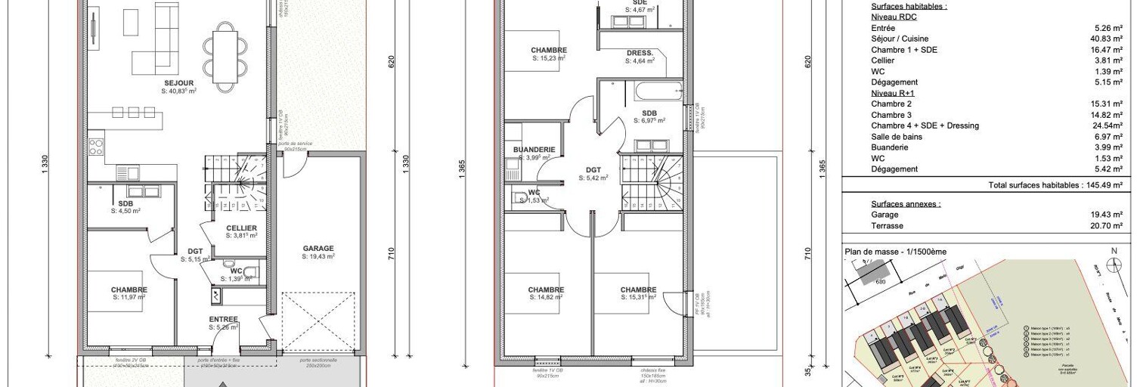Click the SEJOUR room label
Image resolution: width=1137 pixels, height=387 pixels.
[179, 82]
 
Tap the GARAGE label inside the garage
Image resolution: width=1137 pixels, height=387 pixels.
[318, 249]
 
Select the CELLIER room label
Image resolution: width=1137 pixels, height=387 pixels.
[241, 228]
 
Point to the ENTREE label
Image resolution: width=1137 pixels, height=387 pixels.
[224, 320]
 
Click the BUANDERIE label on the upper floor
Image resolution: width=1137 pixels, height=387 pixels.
[534, 150]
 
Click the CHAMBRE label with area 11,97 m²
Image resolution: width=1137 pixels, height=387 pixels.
[129, 289]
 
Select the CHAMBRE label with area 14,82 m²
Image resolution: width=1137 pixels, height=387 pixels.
[546, 289]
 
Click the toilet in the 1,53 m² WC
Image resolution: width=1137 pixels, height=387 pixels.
[520, 198]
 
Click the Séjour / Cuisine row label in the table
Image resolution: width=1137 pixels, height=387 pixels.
[900, 39]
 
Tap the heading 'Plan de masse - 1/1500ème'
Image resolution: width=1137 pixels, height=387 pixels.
[895, 251]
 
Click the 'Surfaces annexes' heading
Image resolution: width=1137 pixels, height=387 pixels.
[906, 204]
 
